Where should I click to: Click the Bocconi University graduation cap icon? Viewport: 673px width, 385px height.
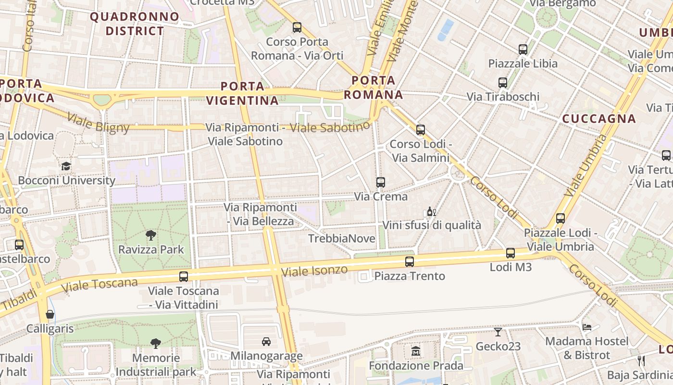click(x=66, y=166)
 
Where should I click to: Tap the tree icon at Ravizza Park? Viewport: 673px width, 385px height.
click(x=151, y=235)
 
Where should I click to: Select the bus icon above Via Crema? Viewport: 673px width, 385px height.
click(x=381, y=182)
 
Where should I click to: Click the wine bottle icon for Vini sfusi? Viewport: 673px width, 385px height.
click(x=431, y=212)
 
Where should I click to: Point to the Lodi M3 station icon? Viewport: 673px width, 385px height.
click(x=511, y=253)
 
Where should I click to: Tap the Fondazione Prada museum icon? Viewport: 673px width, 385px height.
click(x=416, y=352)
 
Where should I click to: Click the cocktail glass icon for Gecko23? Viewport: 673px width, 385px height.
click(x=498, y=332)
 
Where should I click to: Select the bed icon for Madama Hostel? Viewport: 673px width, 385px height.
click(x=587, y=327)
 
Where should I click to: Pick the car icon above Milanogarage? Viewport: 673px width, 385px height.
click(x=266, y=342)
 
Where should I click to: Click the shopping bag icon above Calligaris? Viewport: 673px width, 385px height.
click(x=50, y=315)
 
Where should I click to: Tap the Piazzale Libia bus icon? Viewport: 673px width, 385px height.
click(x=523, y=49)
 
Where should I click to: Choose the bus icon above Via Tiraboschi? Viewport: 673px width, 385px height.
click(x=503, y=83)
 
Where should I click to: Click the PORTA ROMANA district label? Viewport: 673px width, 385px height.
click(x=374, y=88)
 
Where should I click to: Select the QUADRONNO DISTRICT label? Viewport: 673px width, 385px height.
click(x=135, y=24)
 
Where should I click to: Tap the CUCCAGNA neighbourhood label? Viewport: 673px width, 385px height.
click(x=599, y=118)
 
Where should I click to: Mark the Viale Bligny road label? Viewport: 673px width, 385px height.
click(x=98, y=123)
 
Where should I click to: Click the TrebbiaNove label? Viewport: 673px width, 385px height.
click(x=341, y=239)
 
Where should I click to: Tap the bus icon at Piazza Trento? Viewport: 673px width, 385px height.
click(x=410, y=262)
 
